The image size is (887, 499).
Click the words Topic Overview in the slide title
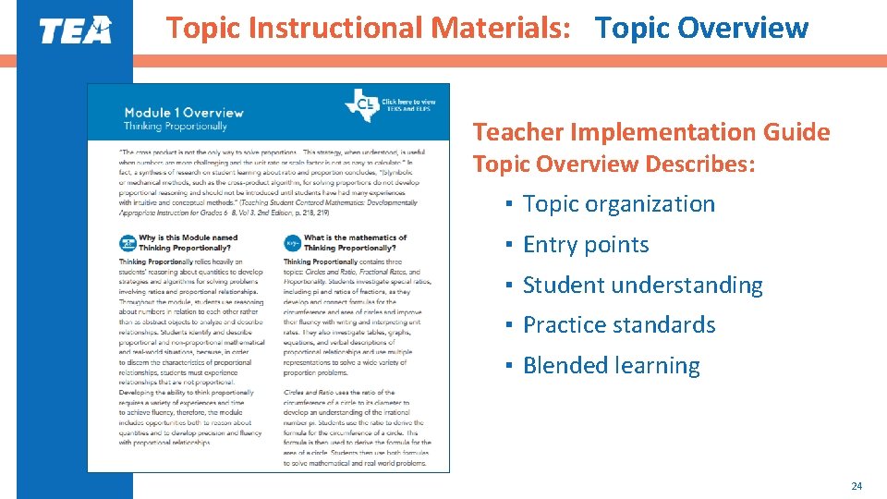tap(702, 28)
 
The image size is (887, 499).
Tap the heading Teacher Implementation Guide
tap(651, 132)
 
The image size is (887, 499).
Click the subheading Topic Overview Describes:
tap(614, 164)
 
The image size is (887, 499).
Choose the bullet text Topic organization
tap(619, 204)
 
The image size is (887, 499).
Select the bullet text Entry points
tap(586, 245)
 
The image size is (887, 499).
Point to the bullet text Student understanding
tap(643, 285)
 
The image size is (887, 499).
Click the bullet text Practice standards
tap(619, 325)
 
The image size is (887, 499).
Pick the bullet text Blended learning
tap(612, 365)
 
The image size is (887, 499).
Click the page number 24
tap(856, 485)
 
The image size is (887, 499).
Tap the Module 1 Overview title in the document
tap(184, 113)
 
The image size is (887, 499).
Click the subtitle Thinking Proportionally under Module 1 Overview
tap(176, 126)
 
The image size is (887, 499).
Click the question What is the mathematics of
tap(355, 237)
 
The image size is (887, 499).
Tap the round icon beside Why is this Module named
tap(128, 243)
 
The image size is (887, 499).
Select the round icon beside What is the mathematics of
tap(293, 243)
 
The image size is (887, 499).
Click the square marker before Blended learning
tap(510, 366)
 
